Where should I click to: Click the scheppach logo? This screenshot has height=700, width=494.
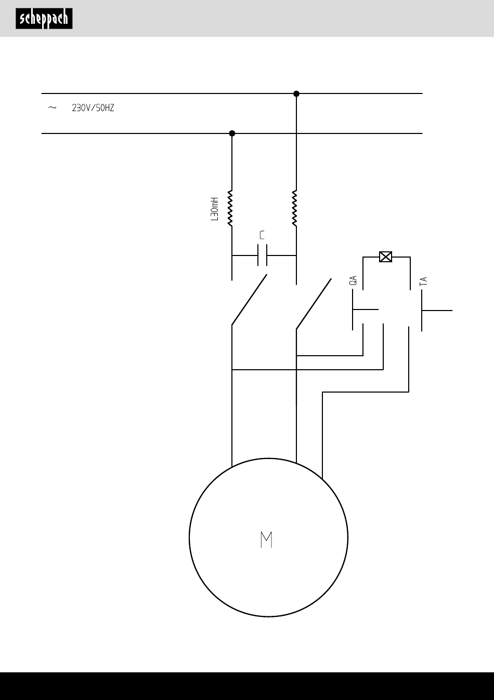tap(44, 19)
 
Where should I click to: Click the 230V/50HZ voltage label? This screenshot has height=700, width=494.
tap(93, 108)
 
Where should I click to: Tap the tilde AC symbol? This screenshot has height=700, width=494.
tap(52, 108)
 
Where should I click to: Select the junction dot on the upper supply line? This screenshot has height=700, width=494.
tap(296, 93)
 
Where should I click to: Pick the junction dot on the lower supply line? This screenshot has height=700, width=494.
tap(232, 133)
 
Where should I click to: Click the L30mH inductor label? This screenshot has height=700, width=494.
tap(214, 209)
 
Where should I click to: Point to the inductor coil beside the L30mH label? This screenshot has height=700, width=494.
tap(230, 208)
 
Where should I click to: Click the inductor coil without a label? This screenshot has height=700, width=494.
tap(295, 208)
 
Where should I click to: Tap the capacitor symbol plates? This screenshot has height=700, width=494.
tap(262, 255)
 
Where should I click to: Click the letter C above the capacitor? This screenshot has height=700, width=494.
tap(262, 235)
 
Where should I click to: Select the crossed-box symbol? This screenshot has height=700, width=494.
tap(385, 257)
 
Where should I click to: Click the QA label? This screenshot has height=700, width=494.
tap(353, 280)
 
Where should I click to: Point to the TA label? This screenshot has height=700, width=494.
tap(423, 281)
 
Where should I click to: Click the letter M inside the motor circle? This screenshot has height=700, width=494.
tap(266, 540)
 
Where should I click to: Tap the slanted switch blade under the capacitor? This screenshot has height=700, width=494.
tap(250, 300)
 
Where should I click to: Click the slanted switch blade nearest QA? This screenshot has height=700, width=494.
tap(314, 304)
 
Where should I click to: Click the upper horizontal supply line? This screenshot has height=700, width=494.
tap(232, 93)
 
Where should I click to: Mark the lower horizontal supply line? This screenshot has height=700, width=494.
tap(232, 133)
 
